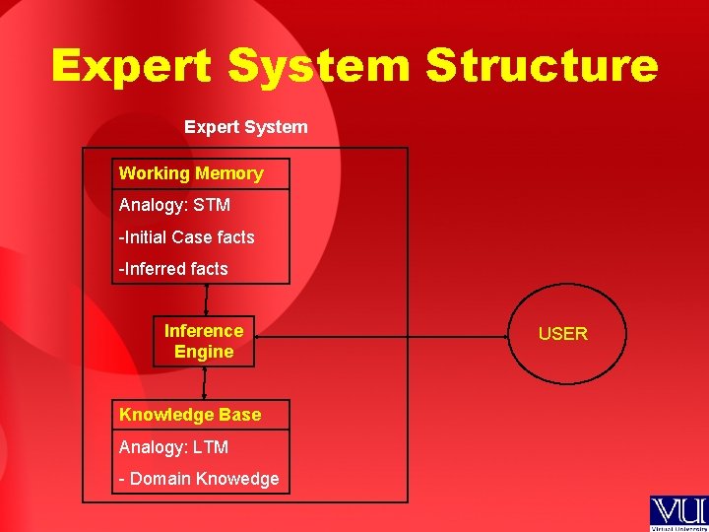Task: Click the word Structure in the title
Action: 542,66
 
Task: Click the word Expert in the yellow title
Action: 131,66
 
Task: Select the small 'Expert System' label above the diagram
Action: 245,127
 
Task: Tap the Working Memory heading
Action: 191,173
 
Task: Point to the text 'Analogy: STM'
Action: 174,205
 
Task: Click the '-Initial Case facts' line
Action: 186,237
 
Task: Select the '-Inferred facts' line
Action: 173,269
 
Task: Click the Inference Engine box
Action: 204,342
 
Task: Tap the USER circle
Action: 563,334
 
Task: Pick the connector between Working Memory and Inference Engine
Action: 206,300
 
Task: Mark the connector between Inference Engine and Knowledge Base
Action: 204,383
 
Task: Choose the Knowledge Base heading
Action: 190,415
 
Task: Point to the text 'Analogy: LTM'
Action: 173,447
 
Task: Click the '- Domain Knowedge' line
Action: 199,479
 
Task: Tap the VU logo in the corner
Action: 677,513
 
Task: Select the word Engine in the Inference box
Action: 204,352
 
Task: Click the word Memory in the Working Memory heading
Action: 228,173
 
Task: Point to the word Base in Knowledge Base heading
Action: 241,415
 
